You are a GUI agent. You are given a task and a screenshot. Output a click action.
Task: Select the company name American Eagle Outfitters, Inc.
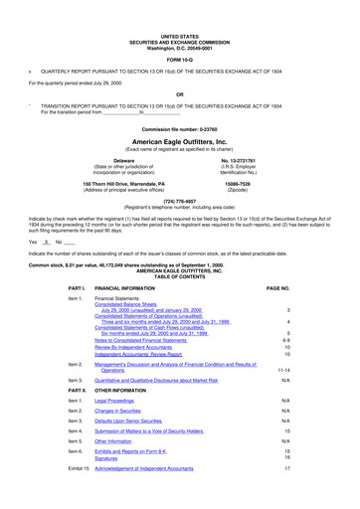tap(179, 141)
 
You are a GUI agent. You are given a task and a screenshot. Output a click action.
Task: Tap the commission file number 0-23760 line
tap(179, 130)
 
